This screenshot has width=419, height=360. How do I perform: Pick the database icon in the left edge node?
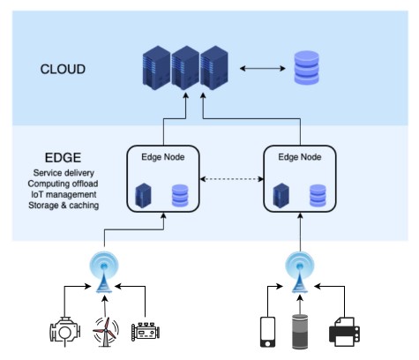tap(181, 195)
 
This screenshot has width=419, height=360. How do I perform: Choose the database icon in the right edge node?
tap(319, 195)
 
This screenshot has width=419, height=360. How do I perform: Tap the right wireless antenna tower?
tap(296, 269)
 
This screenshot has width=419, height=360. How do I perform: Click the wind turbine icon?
tap(105, 333)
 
